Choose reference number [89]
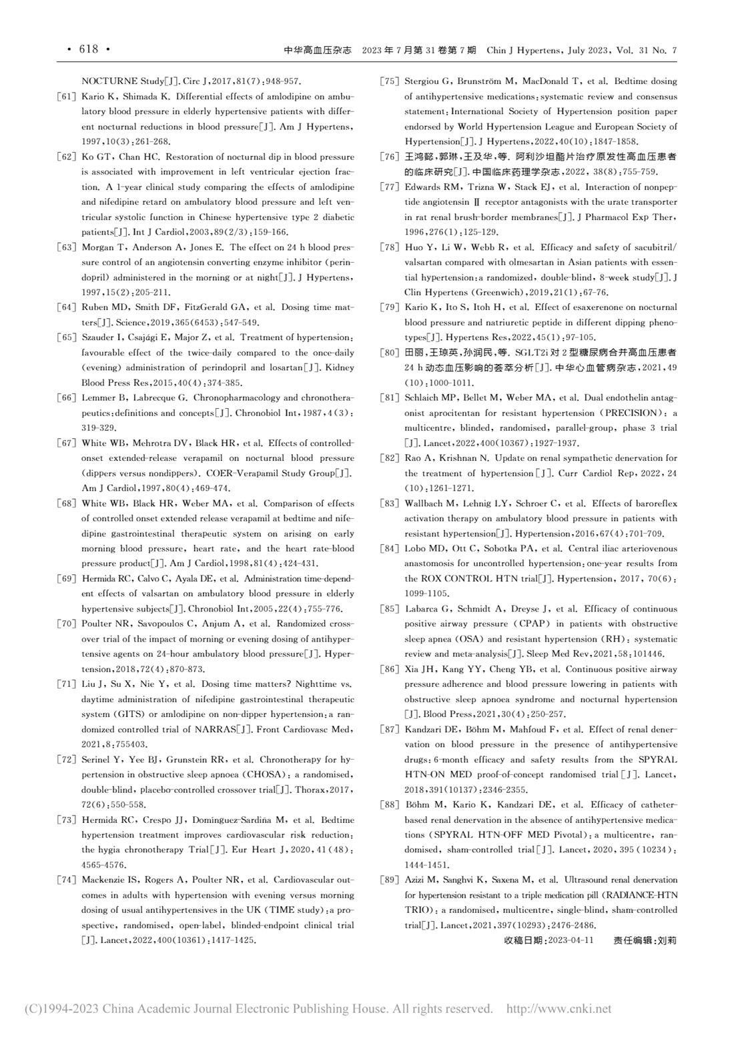coord(389,880)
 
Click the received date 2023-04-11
coord(571,940)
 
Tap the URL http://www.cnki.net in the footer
coord(559,1009)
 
